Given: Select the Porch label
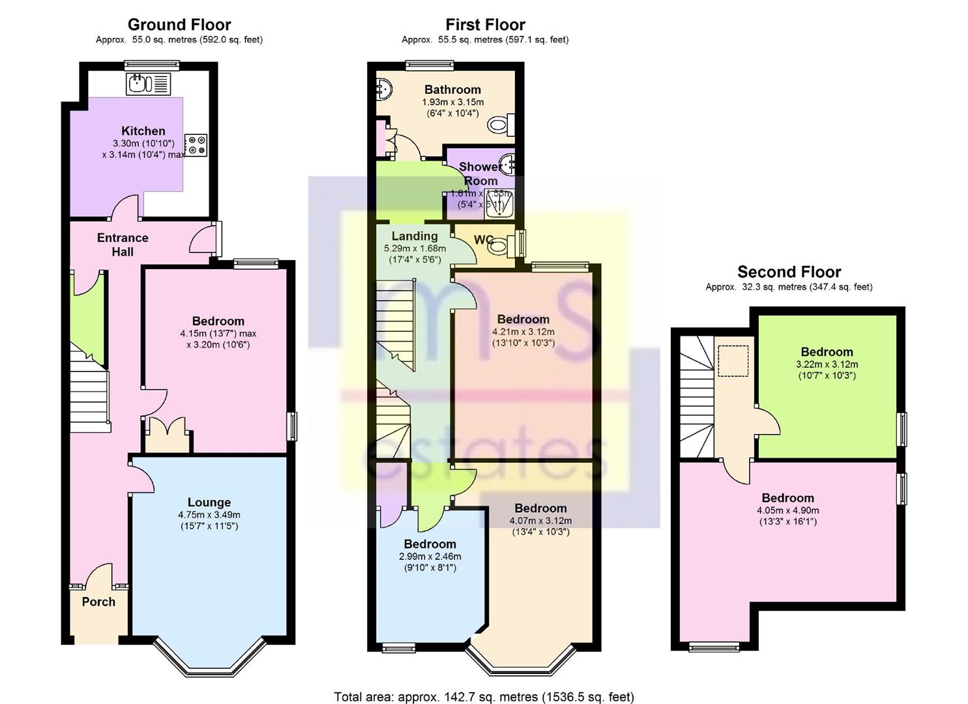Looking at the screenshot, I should (x=98, y=602).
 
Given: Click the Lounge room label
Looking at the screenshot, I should (x=209, y=502).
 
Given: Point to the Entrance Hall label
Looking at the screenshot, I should (x=123, y=244).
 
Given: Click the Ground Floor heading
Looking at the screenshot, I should (x=179, y=25).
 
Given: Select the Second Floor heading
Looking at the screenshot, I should (x=789, y=272).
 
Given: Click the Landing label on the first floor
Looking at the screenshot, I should (x=415, y=236).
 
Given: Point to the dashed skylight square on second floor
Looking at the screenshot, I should (x=733, y=361).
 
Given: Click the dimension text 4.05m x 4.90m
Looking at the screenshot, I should (x=787, y=510).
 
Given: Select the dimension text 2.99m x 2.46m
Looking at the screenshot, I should (x=430, y=556).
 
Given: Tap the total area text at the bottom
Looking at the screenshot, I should (x=484, y=697).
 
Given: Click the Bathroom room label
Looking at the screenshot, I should (x=452, y=89).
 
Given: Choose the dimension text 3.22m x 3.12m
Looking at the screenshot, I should (x=827, y=364).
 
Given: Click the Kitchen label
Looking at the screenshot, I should (x=143, y=130).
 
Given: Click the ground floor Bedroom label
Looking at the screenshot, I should (x=218, y=321).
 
